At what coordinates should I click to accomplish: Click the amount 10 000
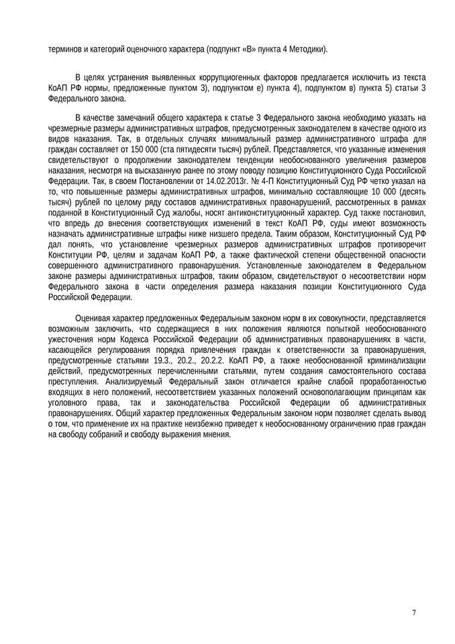pos(372,190)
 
